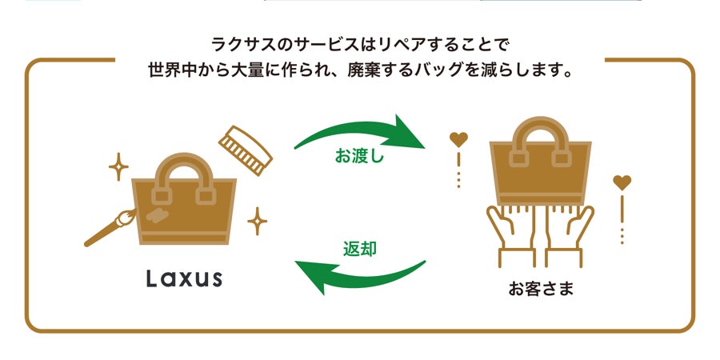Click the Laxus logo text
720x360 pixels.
click(184, 278)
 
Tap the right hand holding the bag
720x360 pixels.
click(573, 232)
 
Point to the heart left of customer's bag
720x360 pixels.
click(458, 140)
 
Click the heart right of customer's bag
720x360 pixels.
click(622, 183)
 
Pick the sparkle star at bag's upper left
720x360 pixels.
click(118, 167)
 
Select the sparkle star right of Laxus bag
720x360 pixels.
click(257, 220)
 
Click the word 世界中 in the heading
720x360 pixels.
click(168, 69)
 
